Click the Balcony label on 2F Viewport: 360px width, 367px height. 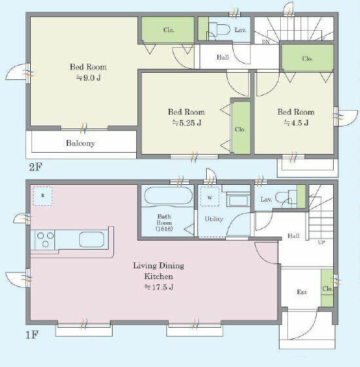[81, 144]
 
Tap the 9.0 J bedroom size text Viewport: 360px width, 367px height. [88, 78]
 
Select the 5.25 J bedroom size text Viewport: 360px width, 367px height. [187, 123]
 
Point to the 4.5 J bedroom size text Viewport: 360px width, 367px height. [296, 123]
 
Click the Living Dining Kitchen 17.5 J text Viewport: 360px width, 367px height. [158, 276]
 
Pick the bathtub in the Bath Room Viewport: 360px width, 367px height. [168, 196]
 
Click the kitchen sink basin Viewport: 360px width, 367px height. [92, 239]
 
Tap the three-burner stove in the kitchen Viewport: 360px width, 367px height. [45, 240]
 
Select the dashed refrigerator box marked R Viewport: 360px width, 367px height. [43, 196]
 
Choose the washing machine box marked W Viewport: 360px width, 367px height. [209, 197]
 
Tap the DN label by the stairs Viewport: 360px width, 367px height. [266, 42]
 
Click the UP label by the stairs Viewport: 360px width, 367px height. [321, 242]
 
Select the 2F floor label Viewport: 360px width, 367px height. [35, 167]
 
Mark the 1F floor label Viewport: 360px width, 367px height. [31, 335]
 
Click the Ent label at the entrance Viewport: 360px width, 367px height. [302, 292]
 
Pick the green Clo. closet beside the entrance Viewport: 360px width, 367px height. [327, 288]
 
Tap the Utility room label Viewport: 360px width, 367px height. [214, 219]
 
